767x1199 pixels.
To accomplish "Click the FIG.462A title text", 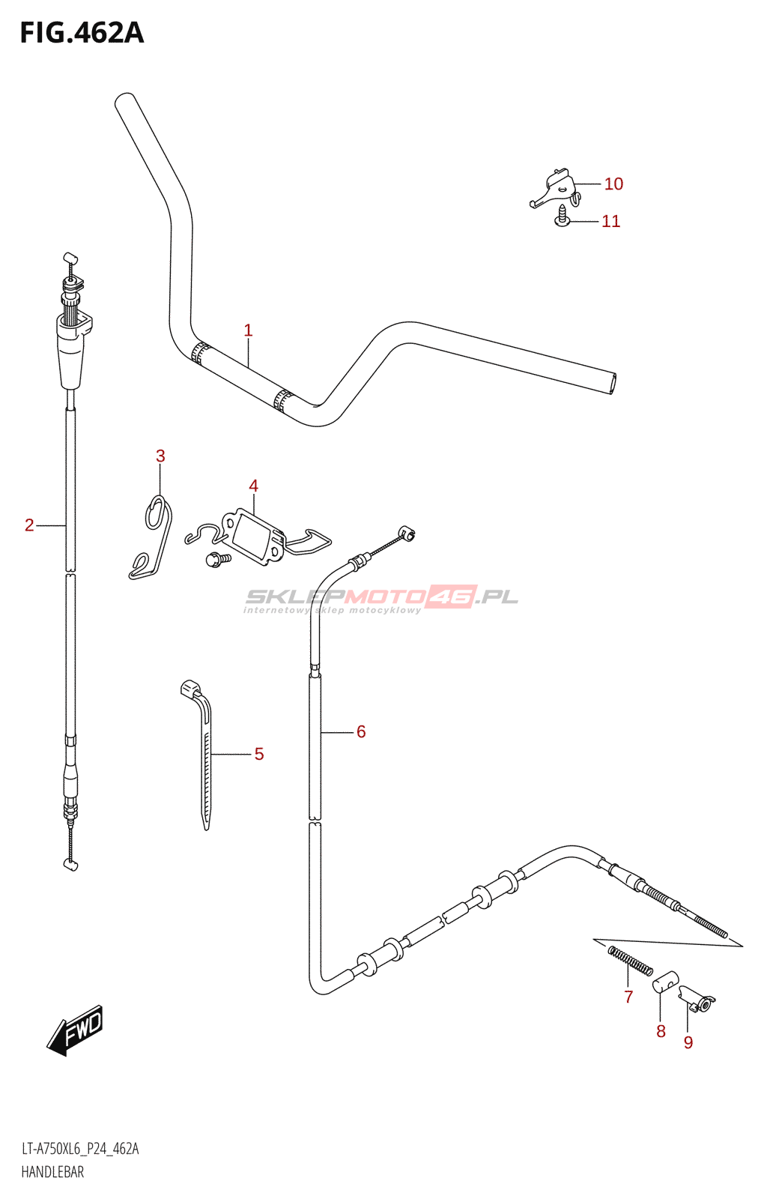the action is point(82,33).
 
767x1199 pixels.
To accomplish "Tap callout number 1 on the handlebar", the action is point(248,330).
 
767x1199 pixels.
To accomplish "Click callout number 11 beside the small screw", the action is point(610,221).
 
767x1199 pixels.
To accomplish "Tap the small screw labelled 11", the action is point(562,217).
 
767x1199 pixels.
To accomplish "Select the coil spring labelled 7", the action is point(631,960).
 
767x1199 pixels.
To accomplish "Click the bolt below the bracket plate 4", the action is point(218,559).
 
